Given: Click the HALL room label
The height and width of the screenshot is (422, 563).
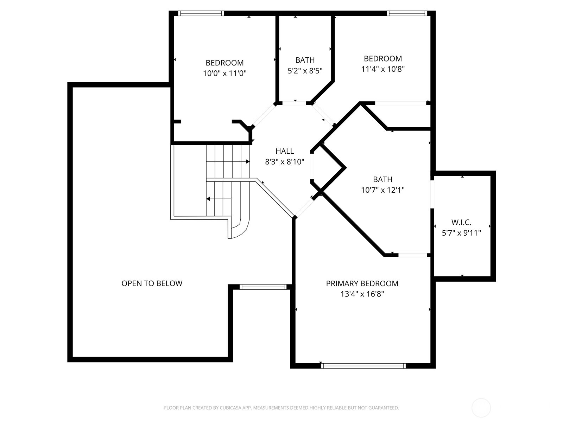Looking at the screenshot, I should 284,151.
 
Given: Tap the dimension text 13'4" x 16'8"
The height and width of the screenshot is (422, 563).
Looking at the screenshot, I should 362,294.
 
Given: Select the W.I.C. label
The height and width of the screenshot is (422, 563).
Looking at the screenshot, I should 461,222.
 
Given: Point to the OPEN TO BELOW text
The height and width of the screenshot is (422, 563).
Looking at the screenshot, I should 152,283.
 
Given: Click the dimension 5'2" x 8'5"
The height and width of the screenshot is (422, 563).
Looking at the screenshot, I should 305,71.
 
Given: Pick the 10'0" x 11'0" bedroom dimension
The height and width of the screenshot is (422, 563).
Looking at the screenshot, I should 224,73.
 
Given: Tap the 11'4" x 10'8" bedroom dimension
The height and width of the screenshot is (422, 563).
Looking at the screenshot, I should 383,69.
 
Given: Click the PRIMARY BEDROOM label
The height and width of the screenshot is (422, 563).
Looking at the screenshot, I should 362,283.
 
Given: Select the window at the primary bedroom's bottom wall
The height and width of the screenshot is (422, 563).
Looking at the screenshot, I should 363,366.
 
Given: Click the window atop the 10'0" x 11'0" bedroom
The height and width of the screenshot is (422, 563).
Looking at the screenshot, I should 201,13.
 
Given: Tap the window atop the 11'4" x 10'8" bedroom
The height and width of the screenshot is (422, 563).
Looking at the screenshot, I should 407,13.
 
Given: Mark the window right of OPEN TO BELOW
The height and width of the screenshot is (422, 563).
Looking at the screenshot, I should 263,287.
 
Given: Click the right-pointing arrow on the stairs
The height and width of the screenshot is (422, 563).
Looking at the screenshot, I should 248,161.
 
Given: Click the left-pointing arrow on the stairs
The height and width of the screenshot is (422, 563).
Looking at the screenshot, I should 208,199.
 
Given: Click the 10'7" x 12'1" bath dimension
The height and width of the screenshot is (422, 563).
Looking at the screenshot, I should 382,190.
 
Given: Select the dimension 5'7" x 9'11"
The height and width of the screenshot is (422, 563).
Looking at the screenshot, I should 461,233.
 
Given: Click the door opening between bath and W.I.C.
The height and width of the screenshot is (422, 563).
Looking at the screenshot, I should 432,194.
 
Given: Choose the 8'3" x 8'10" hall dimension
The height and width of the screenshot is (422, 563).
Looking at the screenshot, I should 284,162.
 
